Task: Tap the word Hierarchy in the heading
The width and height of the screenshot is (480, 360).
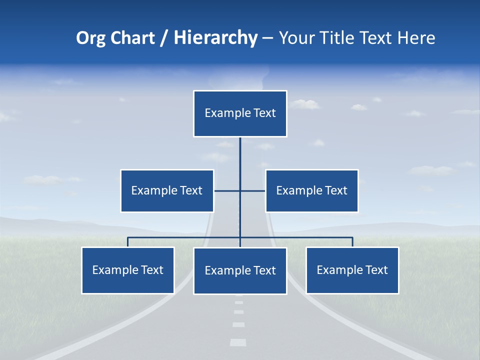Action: coord(215,38)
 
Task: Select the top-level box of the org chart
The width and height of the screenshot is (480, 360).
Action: coord(240,113)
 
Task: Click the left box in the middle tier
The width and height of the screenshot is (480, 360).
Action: coord(167,190)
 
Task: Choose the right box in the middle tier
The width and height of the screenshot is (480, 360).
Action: coord(312,190)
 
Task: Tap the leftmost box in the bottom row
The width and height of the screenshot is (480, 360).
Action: coord(127,270)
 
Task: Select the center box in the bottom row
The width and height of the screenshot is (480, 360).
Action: coord(240,270)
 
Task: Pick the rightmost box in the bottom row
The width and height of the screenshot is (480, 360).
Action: coord(352,270)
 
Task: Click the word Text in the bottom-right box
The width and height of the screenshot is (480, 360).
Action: coord(376,270)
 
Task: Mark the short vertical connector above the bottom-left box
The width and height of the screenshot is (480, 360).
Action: coord(127,242)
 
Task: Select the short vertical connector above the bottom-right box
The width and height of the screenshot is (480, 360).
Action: coord(352,242)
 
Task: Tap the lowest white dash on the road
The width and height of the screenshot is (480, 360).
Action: coord(238,342)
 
